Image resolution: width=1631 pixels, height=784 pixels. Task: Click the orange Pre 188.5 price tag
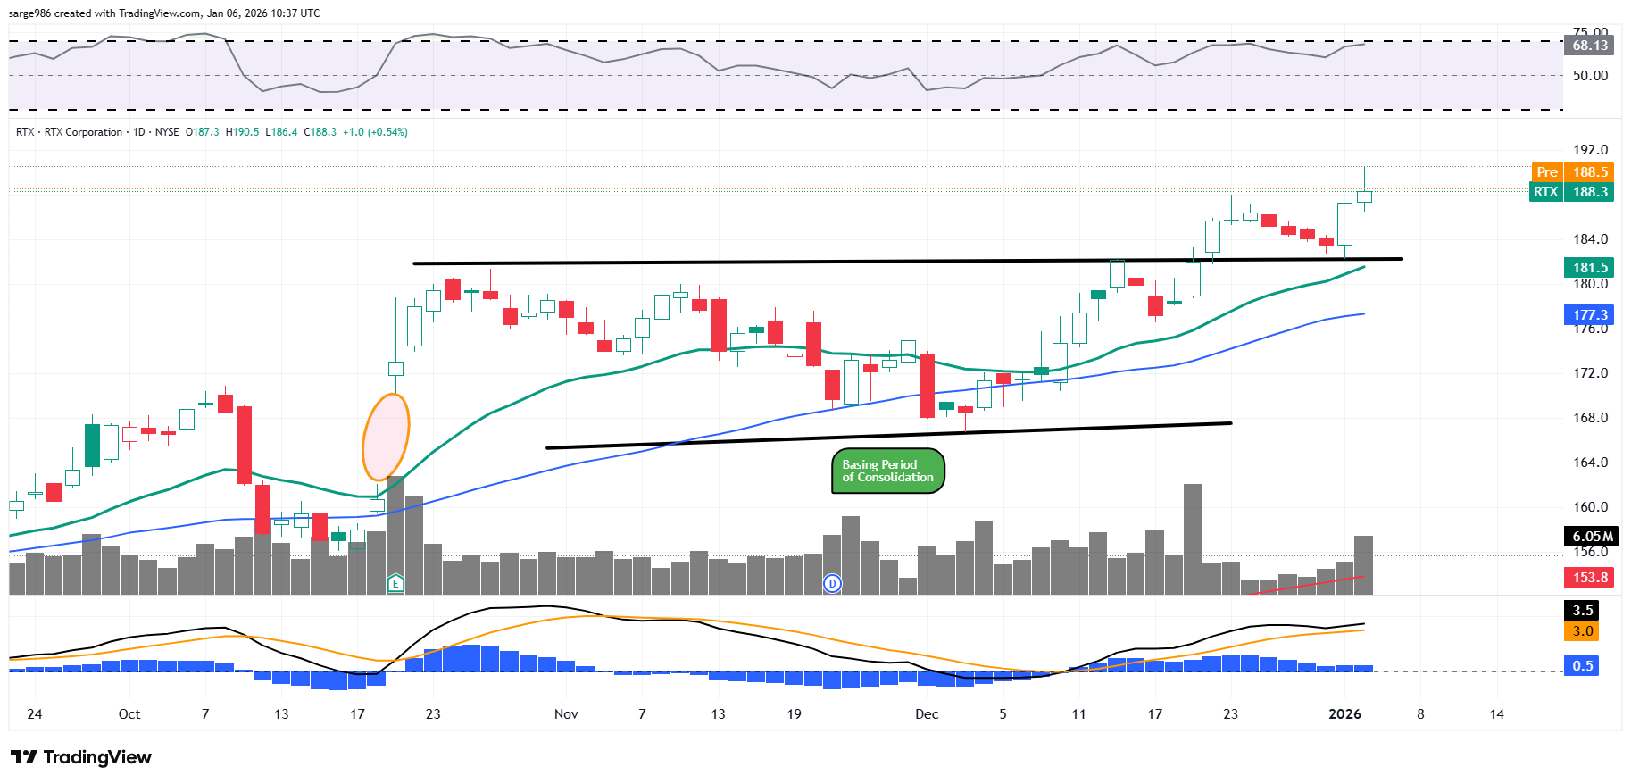(1572, 171)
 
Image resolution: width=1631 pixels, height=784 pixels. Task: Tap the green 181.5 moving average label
(1589, 267)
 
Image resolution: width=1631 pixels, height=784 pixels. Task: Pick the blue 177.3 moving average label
(1589, 314)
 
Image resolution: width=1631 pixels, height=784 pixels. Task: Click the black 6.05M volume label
(1592, 536)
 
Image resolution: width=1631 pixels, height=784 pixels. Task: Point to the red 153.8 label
(1589, 577)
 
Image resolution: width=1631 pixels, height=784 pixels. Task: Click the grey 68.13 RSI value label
(1589, 45)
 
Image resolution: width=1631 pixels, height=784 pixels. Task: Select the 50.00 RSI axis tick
(1589, 76)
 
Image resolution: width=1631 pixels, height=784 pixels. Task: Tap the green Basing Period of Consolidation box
(887, 471)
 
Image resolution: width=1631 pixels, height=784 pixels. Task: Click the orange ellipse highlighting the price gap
(386, 438)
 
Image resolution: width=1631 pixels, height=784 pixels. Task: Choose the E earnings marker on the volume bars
(395, 583)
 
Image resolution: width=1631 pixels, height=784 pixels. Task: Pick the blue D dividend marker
(832, 583)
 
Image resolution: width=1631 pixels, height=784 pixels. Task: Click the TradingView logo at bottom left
(81, 757)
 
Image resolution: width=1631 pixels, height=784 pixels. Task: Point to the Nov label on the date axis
(566, 714)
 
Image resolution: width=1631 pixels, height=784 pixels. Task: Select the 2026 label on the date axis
(1344, 714)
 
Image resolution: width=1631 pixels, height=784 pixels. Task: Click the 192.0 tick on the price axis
(1589, 150)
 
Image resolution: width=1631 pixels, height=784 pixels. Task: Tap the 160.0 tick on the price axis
(1589, 507)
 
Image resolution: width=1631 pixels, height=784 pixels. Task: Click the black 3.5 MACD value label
(1583, 611)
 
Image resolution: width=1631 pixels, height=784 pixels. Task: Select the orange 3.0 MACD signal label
(1583, 631)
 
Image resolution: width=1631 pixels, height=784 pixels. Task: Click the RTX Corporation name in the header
(83, 132)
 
